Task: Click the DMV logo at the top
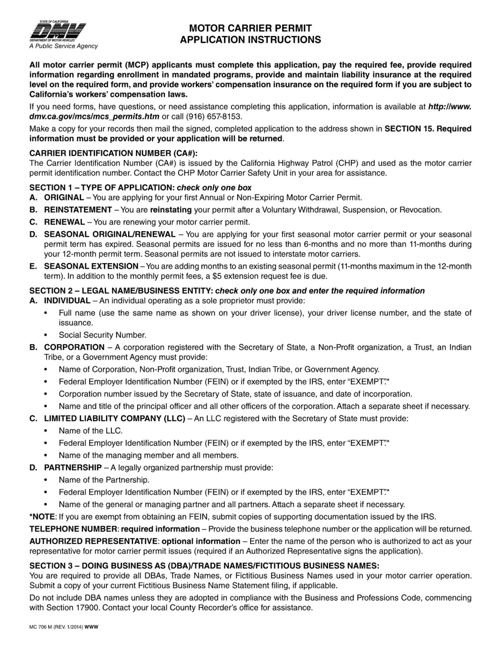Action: coord(57,31)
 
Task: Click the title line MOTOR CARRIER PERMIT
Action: coord(250,28)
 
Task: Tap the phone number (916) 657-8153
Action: coord(214,117)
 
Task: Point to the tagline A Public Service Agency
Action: coord(63,46)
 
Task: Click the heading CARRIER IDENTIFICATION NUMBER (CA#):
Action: coord(113,153)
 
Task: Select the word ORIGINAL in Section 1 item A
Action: coord(64,198)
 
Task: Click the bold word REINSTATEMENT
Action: coord(78,210)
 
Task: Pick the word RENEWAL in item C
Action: coord(65,222)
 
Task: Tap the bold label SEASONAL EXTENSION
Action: coord(91,266)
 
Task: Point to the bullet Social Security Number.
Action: coord(102,335)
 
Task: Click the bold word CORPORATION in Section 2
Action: coord(74,347)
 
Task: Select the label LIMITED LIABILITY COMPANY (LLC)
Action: coord(115,418)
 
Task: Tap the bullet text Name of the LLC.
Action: coord(90,431)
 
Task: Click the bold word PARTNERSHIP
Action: coord(73,468)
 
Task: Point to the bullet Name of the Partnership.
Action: coord(104,480)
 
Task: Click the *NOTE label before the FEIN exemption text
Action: coord(42,517)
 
